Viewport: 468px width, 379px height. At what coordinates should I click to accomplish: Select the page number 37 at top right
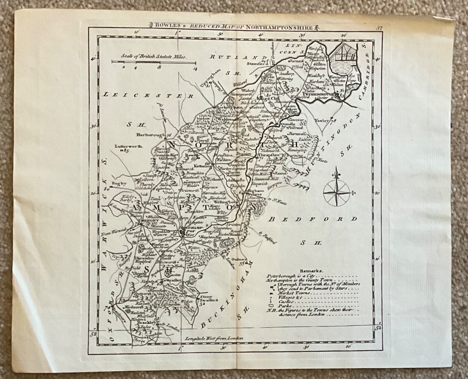379,28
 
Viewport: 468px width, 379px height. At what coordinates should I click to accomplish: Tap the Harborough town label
150,135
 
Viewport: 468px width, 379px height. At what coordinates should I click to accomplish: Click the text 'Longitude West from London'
214,338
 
